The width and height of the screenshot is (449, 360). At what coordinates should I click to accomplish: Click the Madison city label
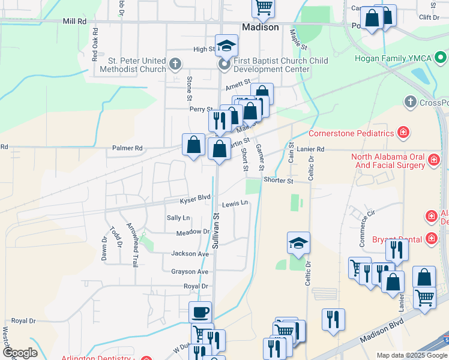[x=261, y=28]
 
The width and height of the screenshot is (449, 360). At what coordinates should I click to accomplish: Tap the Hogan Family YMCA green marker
[x=441, y=59]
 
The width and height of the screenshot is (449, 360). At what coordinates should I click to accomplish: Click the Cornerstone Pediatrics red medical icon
[x=404, y=132]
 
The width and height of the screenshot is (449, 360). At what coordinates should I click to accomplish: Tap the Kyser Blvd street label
[x=196, y=197]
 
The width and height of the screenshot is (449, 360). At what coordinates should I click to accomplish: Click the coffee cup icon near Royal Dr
[x=200, y=311]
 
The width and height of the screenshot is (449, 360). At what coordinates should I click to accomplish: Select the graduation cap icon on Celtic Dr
[x=298, y=242]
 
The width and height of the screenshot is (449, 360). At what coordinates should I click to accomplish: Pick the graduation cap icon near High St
[x=227, y=45]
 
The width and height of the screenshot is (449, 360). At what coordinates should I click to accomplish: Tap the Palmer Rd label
[x=127, y=148]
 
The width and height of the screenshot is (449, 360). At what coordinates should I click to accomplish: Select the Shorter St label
[x=277, y=181]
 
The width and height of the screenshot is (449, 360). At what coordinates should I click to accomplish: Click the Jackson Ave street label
[x=190, y=254]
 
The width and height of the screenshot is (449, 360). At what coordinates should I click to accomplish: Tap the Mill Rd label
[x=75, y=21]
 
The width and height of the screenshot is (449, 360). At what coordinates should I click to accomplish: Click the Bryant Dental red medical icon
[x=431, y=239]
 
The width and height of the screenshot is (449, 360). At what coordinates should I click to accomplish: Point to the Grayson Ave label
[x=190, y=271]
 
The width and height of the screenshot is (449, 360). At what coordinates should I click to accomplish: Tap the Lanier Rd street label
[x=310, y=149]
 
